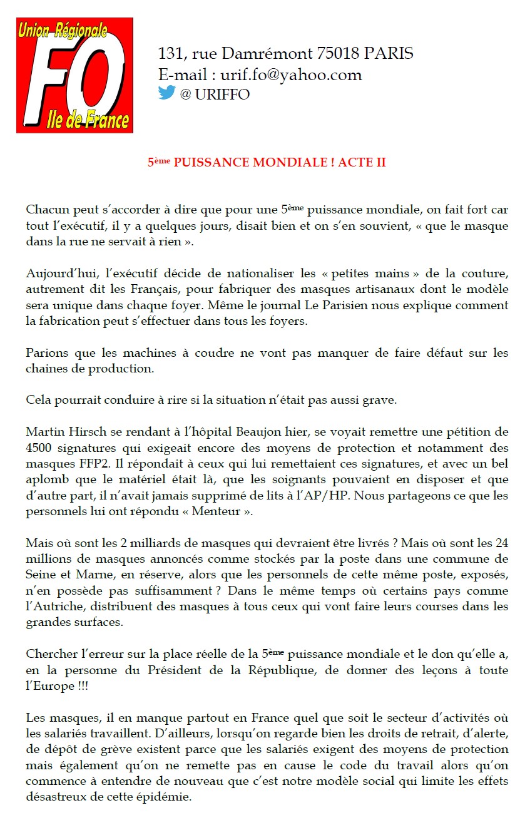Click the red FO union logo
[74, 75]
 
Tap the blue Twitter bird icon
[166, 93]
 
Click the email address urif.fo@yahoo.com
[291, 75]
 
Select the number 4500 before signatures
[40, 448]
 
